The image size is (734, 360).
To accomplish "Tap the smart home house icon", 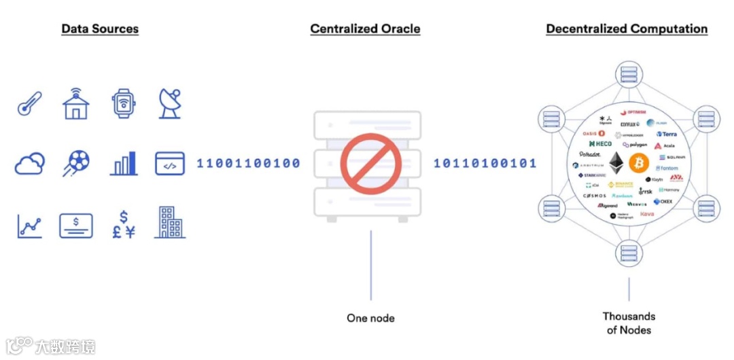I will point(75,103).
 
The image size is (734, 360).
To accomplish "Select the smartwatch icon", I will point(123,103).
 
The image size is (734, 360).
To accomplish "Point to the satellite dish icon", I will point(169,103).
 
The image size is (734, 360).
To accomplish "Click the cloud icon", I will point(30,164).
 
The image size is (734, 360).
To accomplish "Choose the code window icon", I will point(170,164).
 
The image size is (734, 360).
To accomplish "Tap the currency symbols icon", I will point(123,224).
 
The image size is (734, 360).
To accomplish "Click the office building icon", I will point(170,222).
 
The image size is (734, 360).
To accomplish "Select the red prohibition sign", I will point(367,164).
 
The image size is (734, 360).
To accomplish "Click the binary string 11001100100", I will point(248,164).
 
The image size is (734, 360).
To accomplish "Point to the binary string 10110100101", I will point(485,164).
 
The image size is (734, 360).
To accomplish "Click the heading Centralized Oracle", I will point(365,29).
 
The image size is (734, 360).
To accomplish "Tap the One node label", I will point(370,318).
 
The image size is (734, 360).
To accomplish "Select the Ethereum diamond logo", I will point(617,162).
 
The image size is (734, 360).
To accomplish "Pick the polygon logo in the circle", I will point(635,145).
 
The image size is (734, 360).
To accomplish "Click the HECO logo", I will point(600,144).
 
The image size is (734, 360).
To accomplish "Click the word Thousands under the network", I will point(629,317).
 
